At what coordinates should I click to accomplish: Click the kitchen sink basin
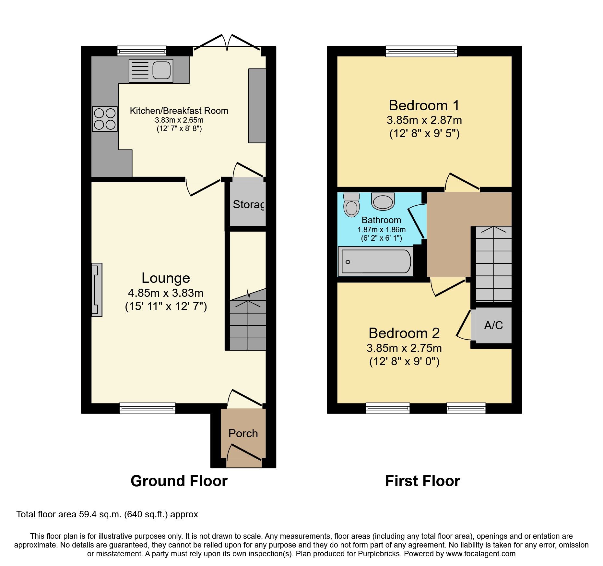pyautogui.click(x=161, y=70)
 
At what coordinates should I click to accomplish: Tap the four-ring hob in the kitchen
pyautogui.click(x=104, y=119)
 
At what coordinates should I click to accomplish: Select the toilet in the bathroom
pyautogui.click(x=351, y=205)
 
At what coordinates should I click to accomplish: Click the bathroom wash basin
pyautogui.click(x=383, y=201)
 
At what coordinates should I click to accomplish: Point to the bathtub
pyautogui.click(x=375, y=261)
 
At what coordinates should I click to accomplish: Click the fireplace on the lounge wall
pyautogui.click(x=97, y=290)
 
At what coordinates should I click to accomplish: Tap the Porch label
pyautogui.click(x=243, y=433)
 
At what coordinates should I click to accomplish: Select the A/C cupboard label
pyautogui.click(x=493, y=325)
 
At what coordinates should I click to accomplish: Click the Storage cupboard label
pyautogui.click(x=248, y=204)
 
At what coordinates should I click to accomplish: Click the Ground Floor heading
pyautogui.click(x=179, y=481)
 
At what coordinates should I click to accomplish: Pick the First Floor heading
pyautogui.click(x=422, y=481)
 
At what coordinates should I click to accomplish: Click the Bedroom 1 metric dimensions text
pyautogui.click(x=424, y=120)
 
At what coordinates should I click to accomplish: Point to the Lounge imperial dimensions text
pyautogui.click(x=166, y=307)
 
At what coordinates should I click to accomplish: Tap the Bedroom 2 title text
pyautogui.click(x=404, y=333)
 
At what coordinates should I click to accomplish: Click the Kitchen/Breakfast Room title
pyautogui.click(x=179, y=111)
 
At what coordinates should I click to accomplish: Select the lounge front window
pyautogui.click(x=147, y=408)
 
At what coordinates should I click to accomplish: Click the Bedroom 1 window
pyautogui.click(x=421, y=51)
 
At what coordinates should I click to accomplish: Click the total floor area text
pyautogui.click(x=107, y=514)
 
